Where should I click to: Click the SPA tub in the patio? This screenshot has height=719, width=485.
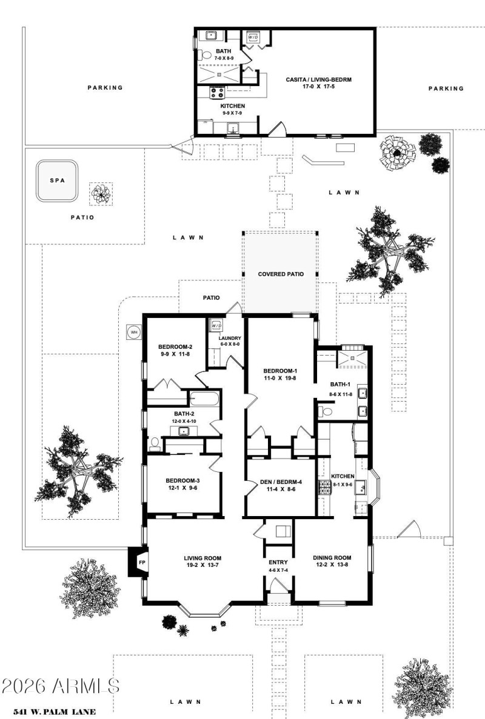[x=58, y=181]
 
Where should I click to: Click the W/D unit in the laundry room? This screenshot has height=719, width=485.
[x=216, y=326]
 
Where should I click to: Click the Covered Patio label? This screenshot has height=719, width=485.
[x=280, y=274]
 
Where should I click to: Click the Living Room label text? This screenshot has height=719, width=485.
[x=202, y=558]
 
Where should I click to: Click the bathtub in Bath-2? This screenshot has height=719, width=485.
[x=205, y=399]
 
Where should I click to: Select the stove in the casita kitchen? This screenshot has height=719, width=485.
[x=218, y=93]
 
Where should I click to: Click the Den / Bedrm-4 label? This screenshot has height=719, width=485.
[x=281, y=482]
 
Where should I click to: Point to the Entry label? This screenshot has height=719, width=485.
[x=278, y=562]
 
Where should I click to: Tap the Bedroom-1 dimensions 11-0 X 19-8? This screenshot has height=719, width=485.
[x=279, y=378]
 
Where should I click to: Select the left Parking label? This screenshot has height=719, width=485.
[x=105, y=87]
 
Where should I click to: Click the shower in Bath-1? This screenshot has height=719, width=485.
[x=350, y=357]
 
